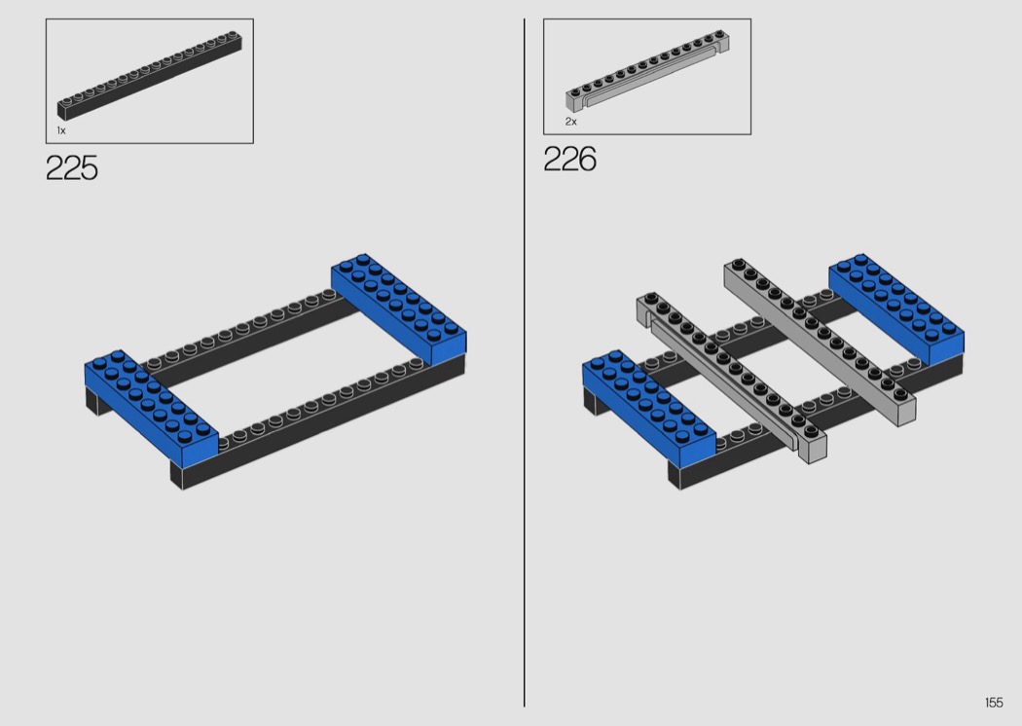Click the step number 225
72,168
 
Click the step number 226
569,159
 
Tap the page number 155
994,702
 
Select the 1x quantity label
61,131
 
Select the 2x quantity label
571,122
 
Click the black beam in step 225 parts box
150,74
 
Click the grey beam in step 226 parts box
647,69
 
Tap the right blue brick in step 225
399,309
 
